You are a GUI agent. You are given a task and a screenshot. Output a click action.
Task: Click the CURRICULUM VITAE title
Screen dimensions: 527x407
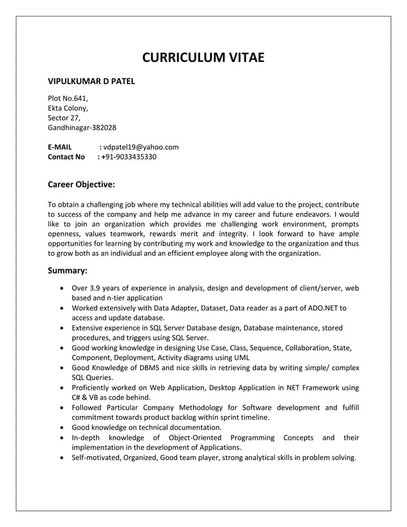pyautogui.click(x=203, y=59)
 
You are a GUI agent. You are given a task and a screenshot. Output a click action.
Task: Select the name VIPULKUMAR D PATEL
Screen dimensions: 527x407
pyautogui.click(x=91, y=82)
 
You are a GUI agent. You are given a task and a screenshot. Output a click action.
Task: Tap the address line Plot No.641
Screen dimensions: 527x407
pyautogui.click(x=68, y=98)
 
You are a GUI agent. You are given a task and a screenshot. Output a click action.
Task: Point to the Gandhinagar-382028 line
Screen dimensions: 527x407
pyautogui.click(x=82, y=128)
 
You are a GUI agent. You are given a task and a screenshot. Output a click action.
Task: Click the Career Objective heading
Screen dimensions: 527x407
pyautogui.click(x=82, y=185)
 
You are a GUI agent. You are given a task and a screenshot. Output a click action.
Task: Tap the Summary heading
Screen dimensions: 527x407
pyautogui.click(x=68, y=271)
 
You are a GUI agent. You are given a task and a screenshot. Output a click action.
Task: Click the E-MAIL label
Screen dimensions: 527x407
pyautogui.click(x=60, y=147)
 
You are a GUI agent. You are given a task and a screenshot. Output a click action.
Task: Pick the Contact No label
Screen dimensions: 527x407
pyautogui.click(x=66, y=156)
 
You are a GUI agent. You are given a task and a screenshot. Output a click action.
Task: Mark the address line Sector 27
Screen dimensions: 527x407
pyautogui.click(x=64, y=118)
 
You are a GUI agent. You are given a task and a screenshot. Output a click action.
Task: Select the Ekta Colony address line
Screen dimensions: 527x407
pyautogui.click(x=68, y=108)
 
